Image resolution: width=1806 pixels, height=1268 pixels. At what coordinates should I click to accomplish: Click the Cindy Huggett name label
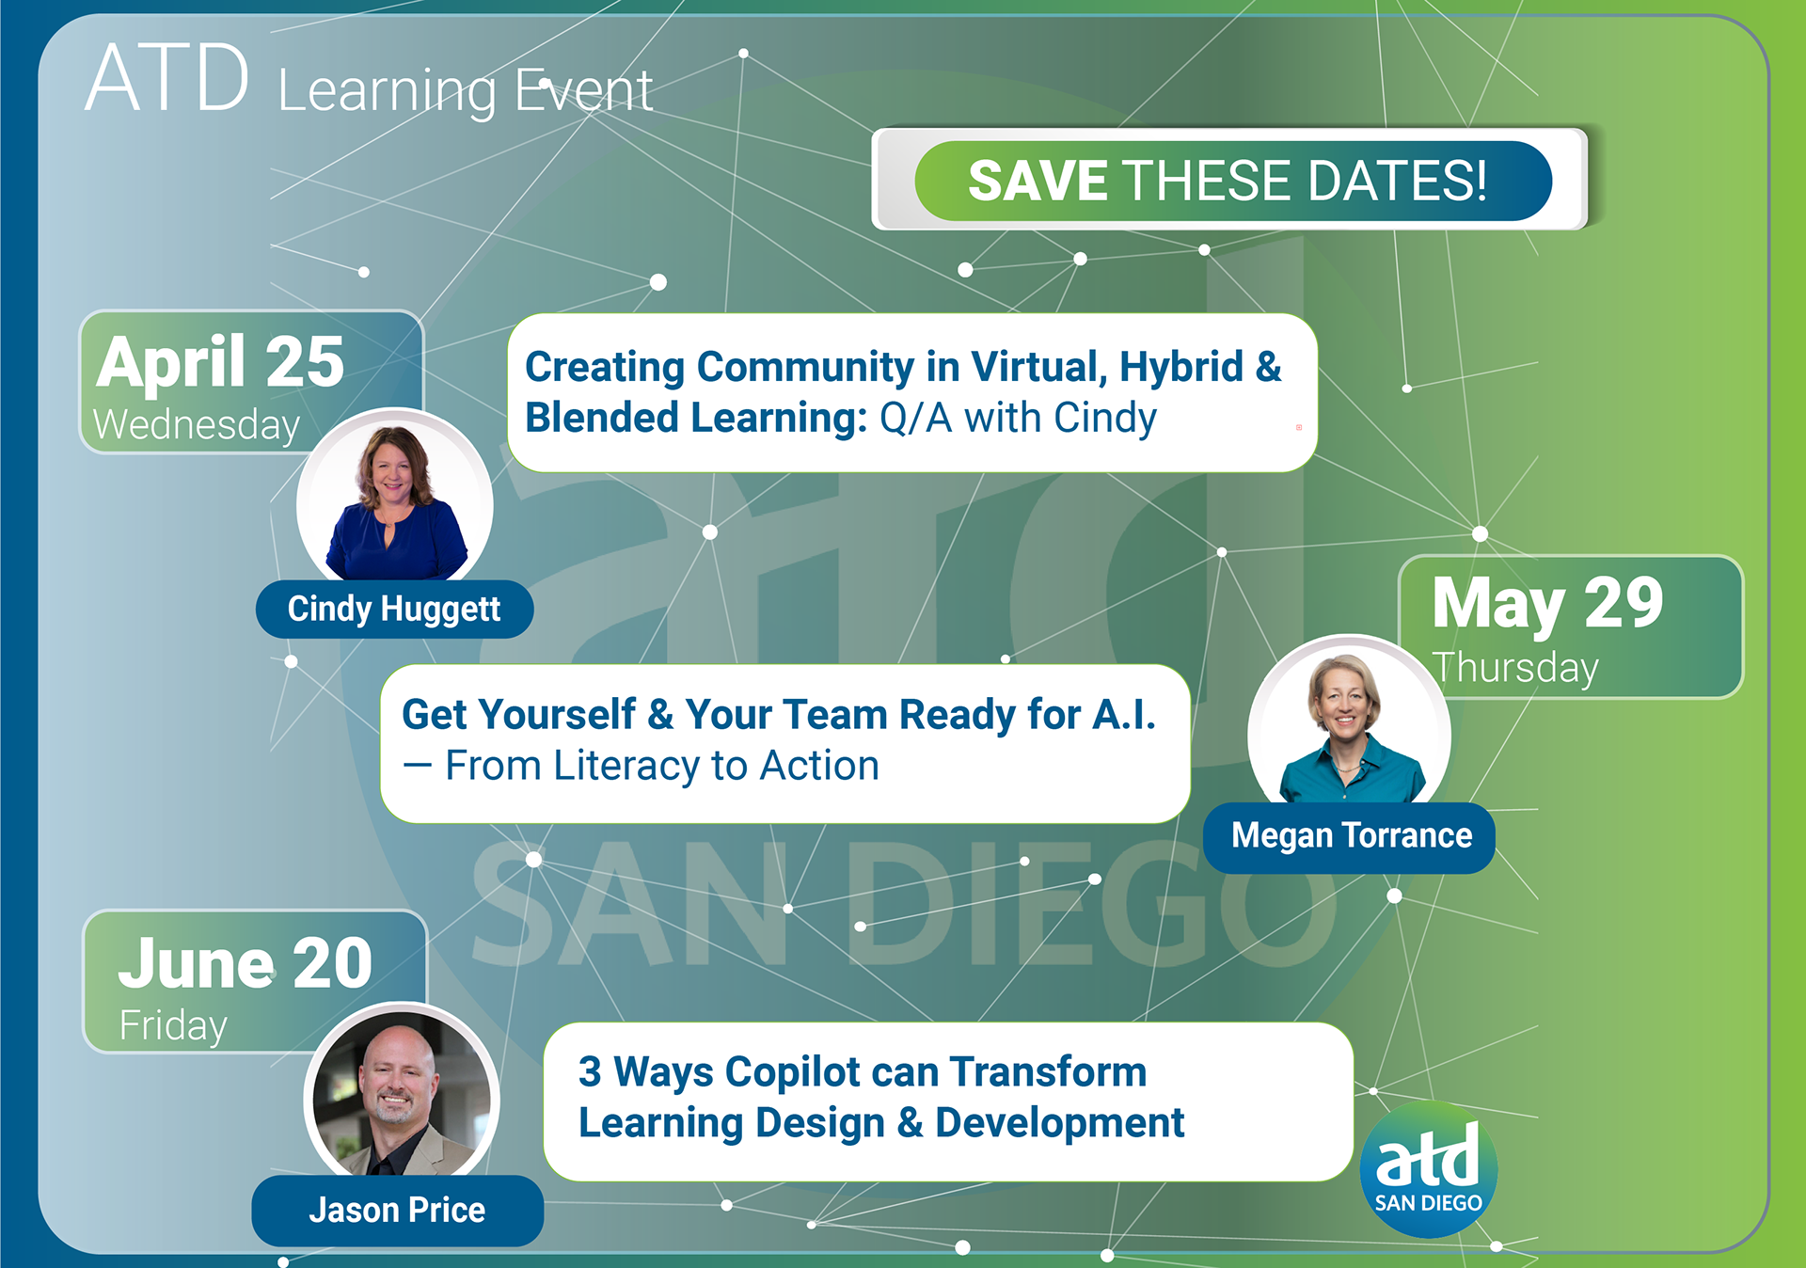[394, 609]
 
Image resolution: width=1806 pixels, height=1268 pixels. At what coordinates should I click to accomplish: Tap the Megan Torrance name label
[1350, 836]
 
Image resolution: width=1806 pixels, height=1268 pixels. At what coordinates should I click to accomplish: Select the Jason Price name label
[397, 1210]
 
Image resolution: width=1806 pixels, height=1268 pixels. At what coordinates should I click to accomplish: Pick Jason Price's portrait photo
[402, 1091]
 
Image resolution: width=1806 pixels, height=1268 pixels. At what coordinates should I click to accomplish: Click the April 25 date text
[220, 362]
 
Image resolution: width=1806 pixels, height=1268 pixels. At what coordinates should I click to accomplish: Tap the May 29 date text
[1547, 604]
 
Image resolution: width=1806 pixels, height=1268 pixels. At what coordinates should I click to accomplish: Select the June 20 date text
[246, 962]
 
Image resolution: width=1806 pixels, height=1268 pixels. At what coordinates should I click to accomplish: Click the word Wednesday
[197, 425]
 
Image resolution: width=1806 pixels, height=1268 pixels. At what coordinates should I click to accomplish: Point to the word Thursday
[1515, 669]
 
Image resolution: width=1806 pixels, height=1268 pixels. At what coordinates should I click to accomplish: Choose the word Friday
[173, 1026]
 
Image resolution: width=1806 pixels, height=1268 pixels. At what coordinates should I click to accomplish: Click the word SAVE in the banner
[1038, 181]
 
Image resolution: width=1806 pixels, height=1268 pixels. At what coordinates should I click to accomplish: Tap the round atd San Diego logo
[1428, 1169]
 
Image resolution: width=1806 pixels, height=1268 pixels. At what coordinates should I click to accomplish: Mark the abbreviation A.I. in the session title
[1124, 715]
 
